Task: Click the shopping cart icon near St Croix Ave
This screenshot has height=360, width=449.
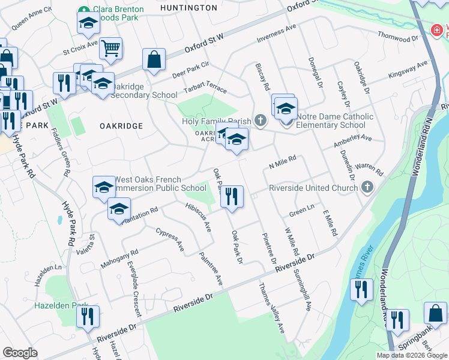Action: click(111, 48)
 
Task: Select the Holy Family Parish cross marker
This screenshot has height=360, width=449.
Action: click(260, 121)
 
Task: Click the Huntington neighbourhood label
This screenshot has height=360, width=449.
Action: click(190, 8)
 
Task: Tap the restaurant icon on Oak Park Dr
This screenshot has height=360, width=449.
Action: click(232, 196)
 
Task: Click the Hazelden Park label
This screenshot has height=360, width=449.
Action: click(59, 305)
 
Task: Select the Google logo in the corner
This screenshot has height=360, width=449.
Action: click(20, 353)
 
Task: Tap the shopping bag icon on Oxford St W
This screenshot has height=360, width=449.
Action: click(154, 59)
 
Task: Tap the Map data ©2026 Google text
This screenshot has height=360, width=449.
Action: click(411, 355)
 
